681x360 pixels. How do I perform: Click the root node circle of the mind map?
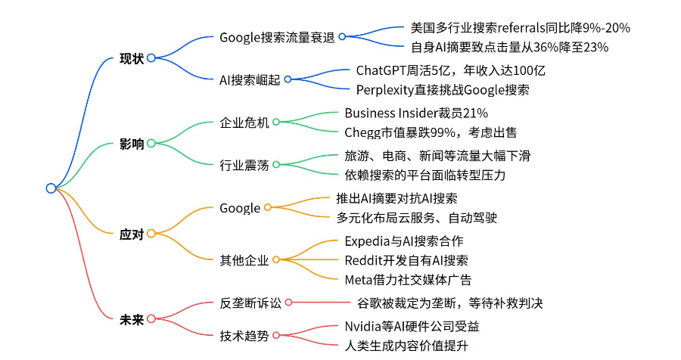click(x=51, y=188)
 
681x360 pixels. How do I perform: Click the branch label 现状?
click(x=131, y=58)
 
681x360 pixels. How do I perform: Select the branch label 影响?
click(x=131, y=144)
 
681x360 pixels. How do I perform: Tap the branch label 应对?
click(x=131, y=234)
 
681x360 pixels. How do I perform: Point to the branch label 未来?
click(x=131, y=318)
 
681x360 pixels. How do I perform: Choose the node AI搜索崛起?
click(x=250, y=79)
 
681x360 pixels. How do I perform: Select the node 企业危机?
click(x=244, y=122)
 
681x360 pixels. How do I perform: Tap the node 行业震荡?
click(x=244, y=165)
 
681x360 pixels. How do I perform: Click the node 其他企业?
click(x=244, y=260)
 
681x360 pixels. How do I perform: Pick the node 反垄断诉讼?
click(x=250, y=303)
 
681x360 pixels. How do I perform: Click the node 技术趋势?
click(x=244, y=336)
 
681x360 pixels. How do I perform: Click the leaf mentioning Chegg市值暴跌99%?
click(x=431, y=132)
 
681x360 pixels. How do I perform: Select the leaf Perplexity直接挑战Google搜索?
click(x=443, y=89)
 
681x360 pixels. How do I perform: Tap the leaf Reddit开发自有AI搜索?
click(x=406, y=260)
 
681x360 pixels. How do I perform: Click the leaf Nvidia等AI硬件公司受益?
click(x=412, y=327)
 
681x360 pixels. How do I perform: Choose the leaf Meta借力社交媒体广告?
click(x=408, y=279)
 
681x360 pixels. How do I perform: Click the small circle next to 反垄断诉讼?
click(x=288, y=303)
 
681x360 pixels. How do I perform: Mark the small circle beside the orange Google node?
click(x=268, y=207)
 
